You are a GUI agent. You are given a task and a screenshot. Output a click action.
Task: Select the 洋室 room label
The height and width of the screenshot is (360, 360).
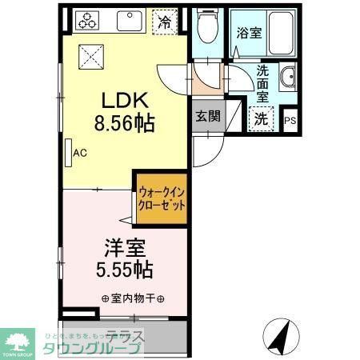pos(124,247)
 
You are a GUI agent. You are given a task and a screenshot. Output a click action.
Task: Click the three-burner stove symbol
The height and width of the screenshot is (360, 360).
pos(86,22)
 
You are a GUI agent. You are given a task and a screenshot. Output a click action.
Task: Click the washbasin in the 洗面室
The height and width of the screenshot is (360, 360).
pos(288,78)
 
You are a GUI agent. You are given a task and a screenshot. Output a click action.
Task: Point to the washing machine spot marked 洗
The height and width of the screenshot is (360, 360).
pos(262,118)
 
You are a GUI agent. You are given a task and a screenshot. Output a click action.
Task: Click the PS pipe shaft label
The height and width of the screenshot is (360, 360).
pos(290,121)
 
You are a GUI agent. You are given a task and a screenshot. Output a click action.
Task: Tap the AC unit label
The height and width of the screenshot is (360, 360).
pos(79,152)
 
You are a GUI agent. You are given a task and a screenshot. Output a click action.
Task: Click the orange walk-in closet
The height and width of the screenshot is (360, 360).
pos(162,198)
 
